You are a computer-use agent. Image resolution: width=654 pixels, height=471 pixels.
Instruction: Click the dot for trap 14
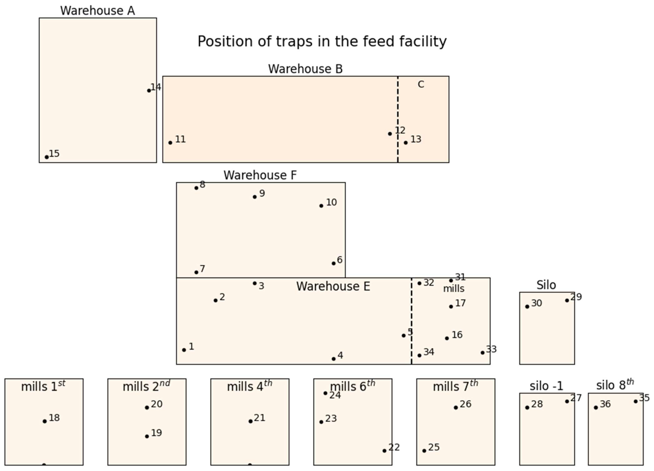point(149,91)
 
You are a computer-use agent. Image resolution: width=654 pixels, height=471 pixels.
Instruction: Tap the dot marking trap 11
point(170,143)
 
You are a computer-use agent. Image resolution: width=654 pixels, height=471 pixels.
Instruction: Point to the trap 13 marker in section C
point(406,143)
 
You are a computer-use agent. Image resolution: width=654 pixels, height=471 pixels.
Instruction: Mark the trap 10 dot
point(321,206)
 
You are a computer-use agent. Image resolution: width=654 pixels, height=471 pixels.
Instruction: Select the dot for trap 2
point(215,300)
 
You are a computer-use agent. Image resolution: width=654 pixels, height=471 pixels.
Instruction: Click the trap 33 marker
point(482,353)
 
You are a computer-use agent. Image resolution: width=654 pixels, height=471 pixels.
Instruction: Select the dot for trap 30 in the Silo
point(527,307)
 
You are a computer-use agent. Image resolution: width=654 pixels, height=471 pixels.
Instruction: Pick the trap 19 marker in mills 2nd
point(147,436)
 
